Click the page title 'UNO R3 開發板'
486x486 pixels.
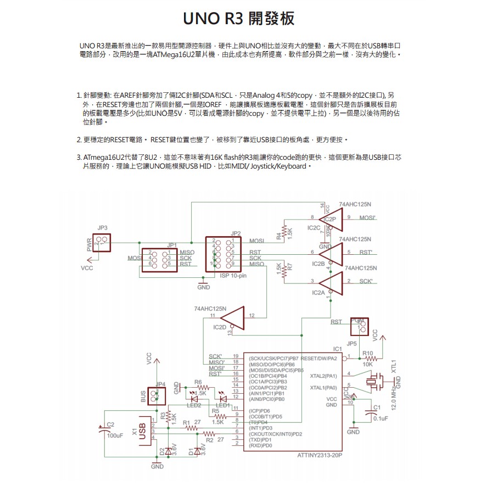239,18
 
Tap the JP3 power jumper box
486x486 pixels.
102,242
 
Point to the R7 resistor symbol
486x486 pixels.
284,270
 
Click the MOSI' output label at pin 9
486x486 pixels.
367,218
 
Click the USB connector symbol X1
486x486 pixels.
144,431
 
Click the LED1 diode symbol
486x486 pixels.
222,398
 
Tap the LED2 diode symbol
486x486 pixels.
193,395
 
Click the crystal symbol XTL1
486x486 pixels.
377,381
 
